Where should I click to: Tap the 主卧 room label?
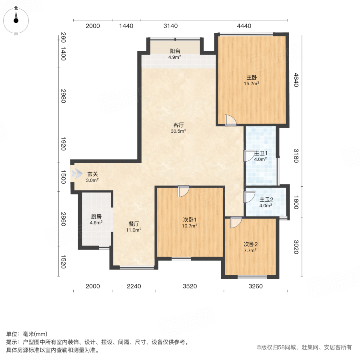point(252,80)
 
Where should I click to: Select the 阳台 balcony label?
point(175,54)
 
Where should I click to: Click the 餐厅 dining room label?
point(134,227)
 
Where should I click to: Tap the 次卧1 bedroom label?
point(190,222)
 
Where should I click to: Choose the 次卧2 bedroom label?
point(250,247)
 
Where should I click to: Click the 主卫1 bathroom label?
point(261,156)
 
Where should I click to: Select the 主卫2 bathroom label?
point(266,202)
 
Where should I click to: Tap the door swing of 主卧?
point(231,120)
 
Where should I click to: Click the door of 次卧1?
point(183,191)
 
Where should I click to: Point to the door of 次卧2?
point(235,222)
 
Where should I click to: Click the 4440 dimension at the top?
point(244,26)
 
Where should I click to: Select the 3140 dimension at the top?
point(170,26)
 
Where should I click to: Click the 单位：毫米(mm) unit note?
point(27,334)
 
